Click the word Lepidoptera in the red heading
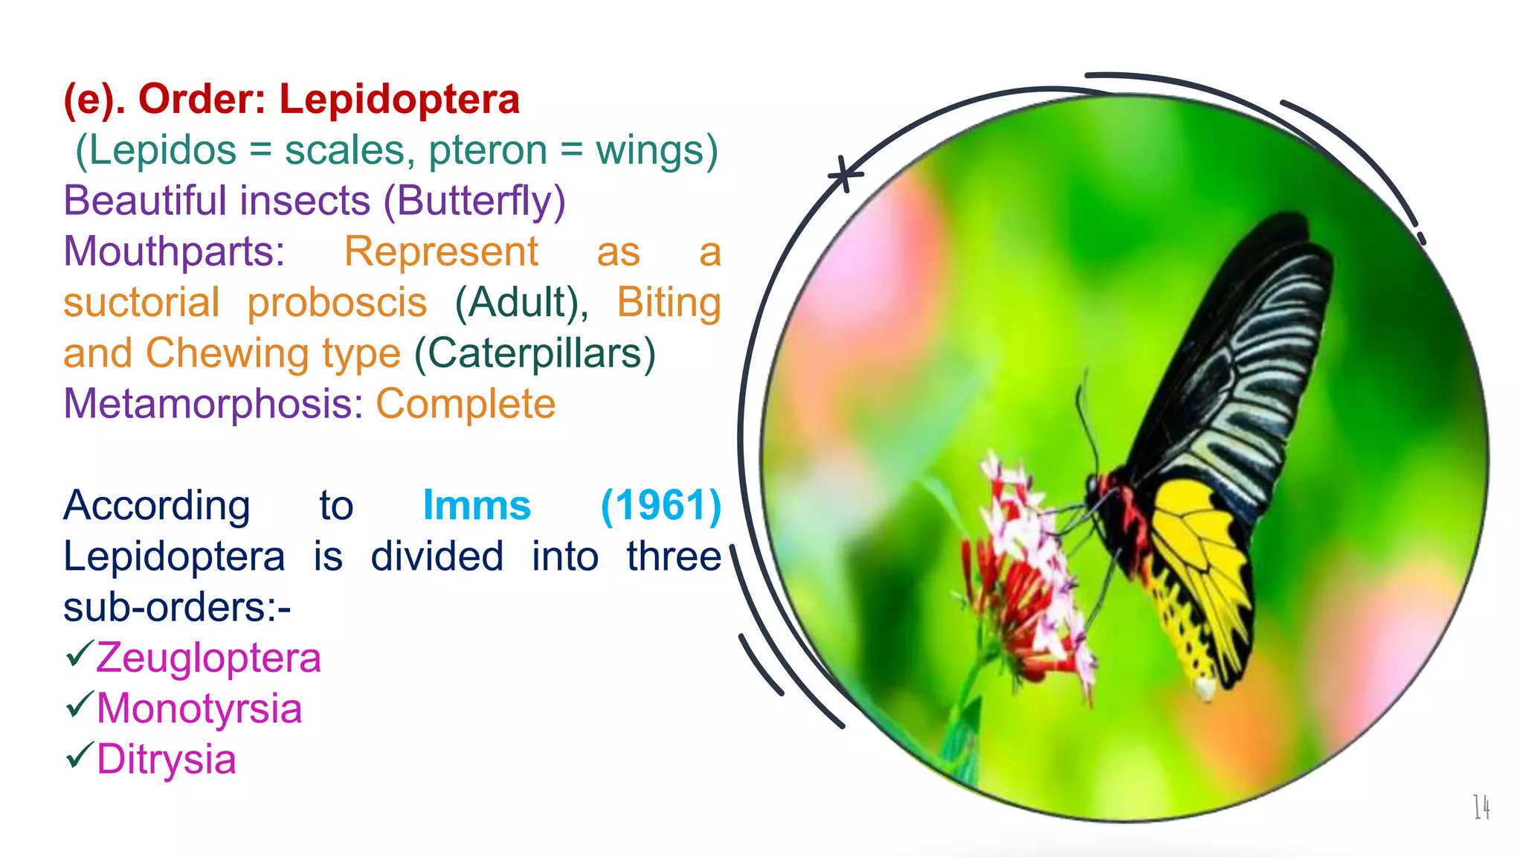coord(399,99)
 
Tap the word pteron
coord(488,150)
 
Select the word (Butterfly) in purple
coord(474,201)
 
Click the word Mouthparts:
coord(174,251)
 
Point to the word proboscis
coord(337,302)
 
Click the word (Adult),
coord(521,302)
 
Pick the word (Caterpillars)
coord(535,353)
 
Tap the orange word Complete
coord(466,404)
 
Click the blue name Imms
coord(477,506)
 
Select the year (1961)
coord(660,506)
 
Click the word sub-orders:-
coord(177,607)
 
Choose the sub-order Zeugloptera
coord(208,658)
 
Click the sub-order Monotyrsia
coord(199,708)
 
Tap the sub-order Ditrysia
coord(167,760)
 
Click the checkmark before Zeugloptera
coord(79,654)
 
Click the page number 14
coord(1481,807)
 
